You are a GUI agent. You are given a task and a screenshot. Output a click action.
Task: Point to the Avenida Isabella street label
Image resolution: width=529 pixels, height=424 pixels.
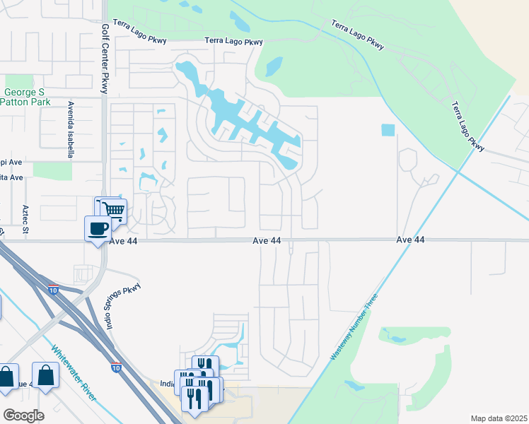tap(71, 124)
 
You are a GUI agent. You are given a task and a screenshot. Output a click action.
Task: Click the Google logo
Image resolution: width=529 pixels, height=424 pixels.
tap(24, 416)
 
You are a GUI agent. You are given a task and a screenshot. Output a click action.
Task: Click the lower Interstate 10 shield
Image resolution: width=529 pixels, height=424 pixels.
tap(116, 367)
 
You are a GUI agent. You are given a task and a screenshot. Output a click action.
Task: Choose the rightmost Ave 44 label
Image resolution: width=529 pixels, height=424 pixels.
tap(410, 240)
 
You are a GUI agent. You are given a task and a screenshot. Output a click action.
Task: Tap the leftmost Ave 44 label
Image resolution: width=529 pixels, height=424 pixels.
tap(124, 241)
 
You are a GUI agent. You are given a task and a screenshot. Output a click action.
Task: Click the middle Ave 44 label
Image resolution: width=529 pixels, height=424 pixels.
tap(267, 241)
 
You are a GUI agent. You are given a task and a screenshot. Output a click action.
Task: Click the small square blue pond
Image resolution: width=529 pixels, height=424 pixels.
tap(388, 130)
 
